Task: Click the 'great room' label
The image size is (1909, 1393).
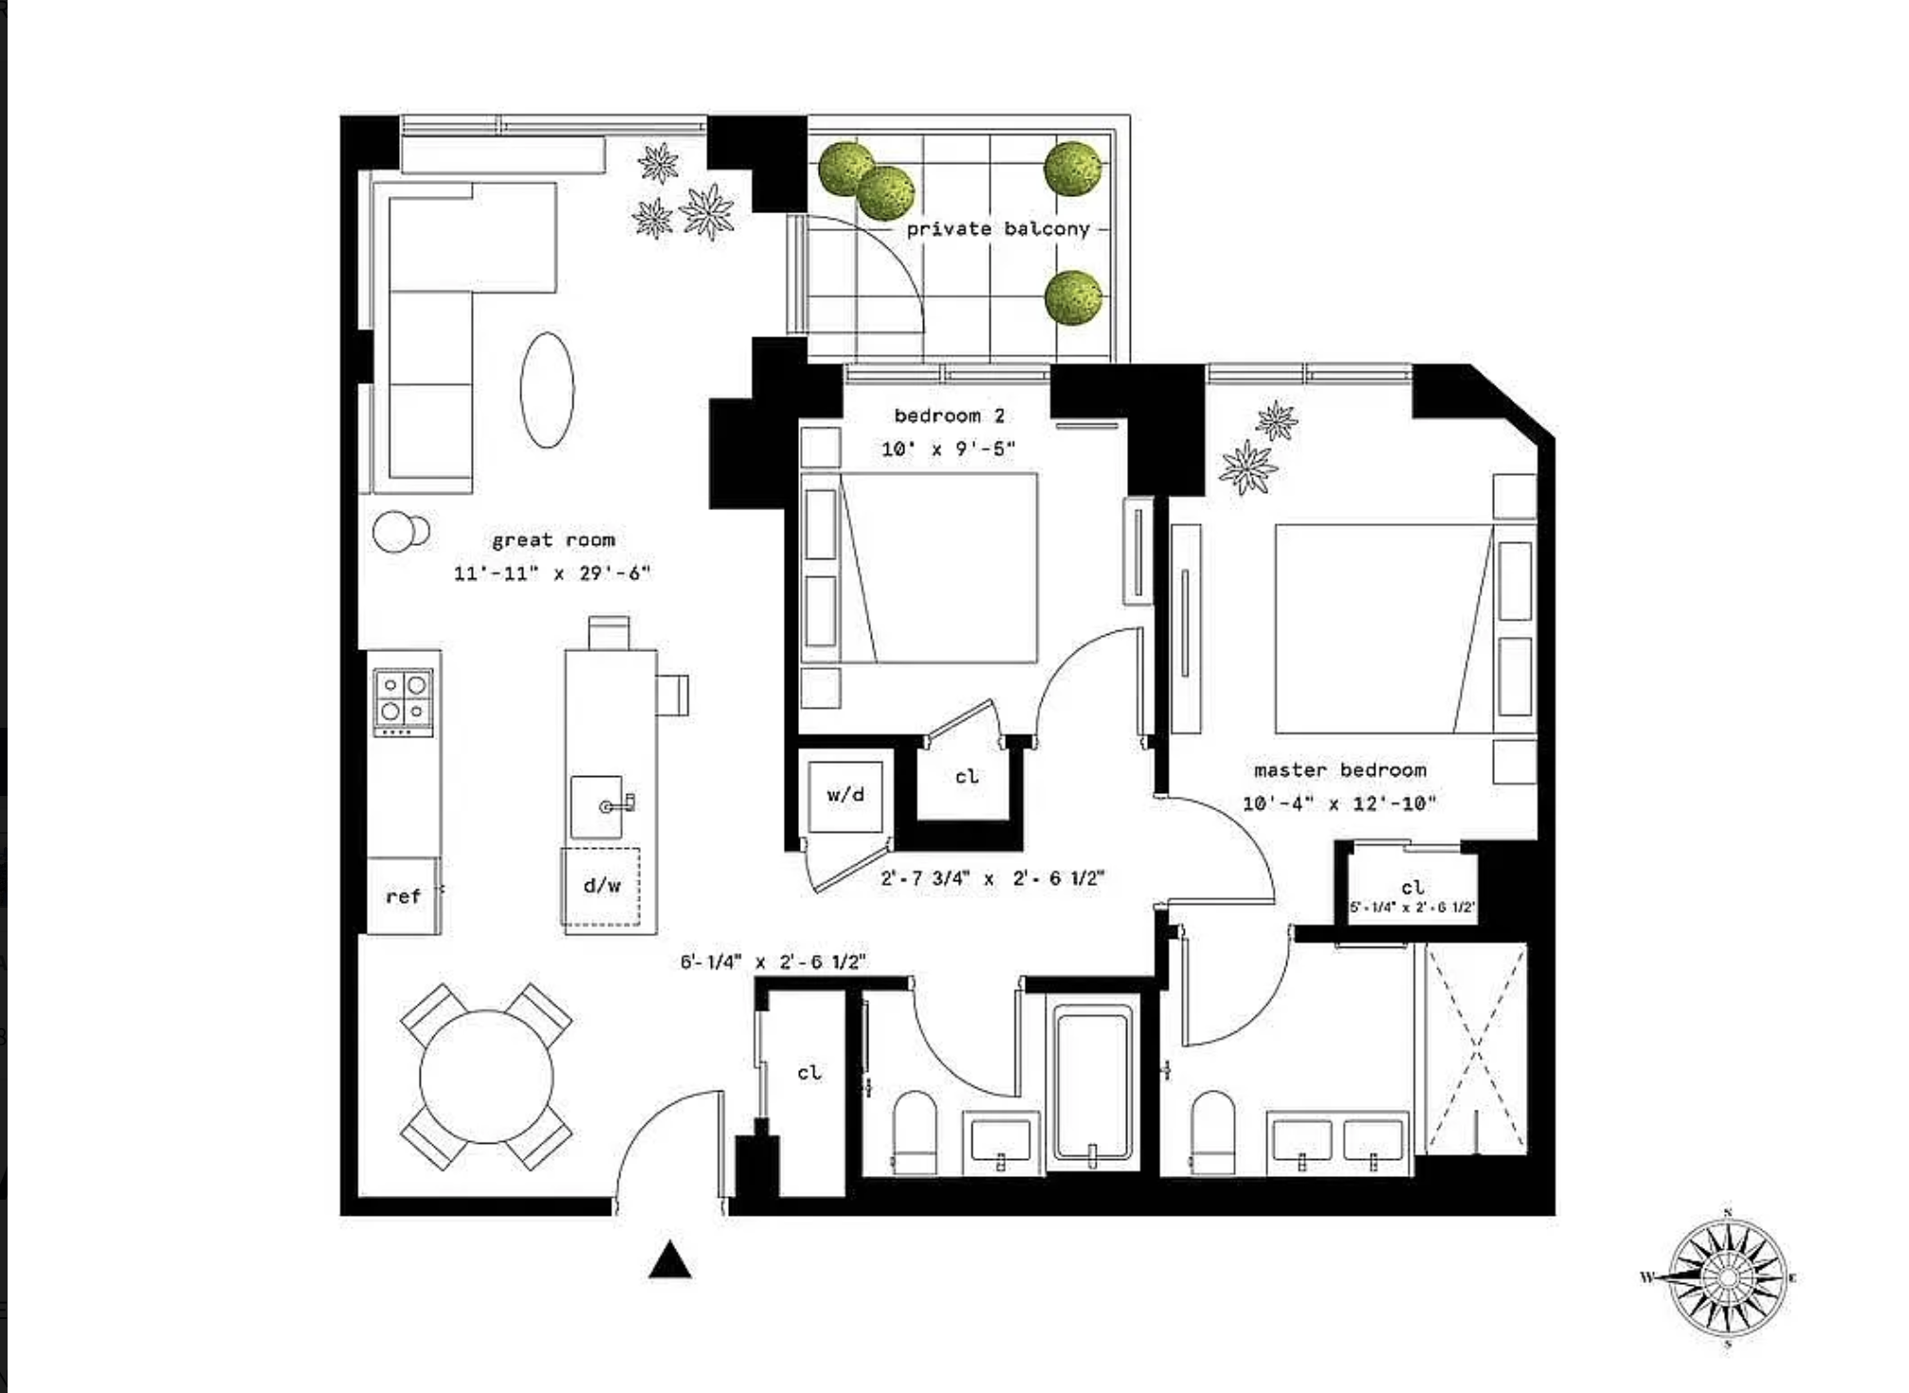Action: pyautogui.click(x=554, y=540)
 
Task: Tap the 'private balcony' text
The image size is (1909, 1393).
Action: pyautogui.click(x=998, y=229)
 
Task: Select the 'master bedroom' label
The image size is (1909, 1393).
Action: pyautogui.click(x=1340, y=769)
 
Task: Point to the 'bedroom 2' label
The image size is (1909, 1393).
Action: pyautogui.click(x=950, y=415)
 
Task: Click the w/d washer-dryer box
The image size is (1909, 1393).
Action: pyautogui.click(x=845, y=796)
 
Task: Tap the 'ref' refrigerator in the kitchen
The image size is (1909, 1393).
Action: pyautogui.click(x=403, y=895)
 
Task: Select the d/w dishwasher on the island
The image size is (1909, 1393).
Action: pyautogui.click(x=601, y=886)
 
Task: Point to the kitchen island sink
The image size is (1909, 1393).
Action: pyautogui.click(x=597, y=806)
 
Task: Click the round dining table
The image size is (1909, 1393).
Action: pyautogui.click(x=485, y=1076)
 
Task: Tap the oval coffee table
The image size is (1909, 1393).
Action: pyautogui.click(x=547, y=389)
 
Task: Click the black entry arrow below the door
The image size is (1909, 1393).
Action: pyautogui.click(x=670, y=1260)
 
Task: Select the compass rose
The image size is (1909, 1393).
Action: pyautogui.click(x=1727, y=1277)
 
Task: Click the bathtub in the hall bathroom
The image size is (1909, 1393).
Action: pyautogui.click(x=1093, y=1086)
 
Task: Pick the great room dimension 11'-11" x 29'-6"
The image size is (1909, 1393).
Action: pyautogui.click(x=553, y=573)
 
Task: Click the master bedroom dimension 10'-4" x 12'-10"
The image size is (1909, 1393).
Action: pyautogui.click(x=1339, y=804)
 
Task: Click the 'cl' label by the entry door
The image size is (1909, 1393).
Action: pyautogui.click(x=809, y=1073)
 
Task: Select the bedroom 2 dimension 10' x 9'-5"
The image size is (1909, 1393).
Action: pyautogui.click(x=949, y=449)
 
